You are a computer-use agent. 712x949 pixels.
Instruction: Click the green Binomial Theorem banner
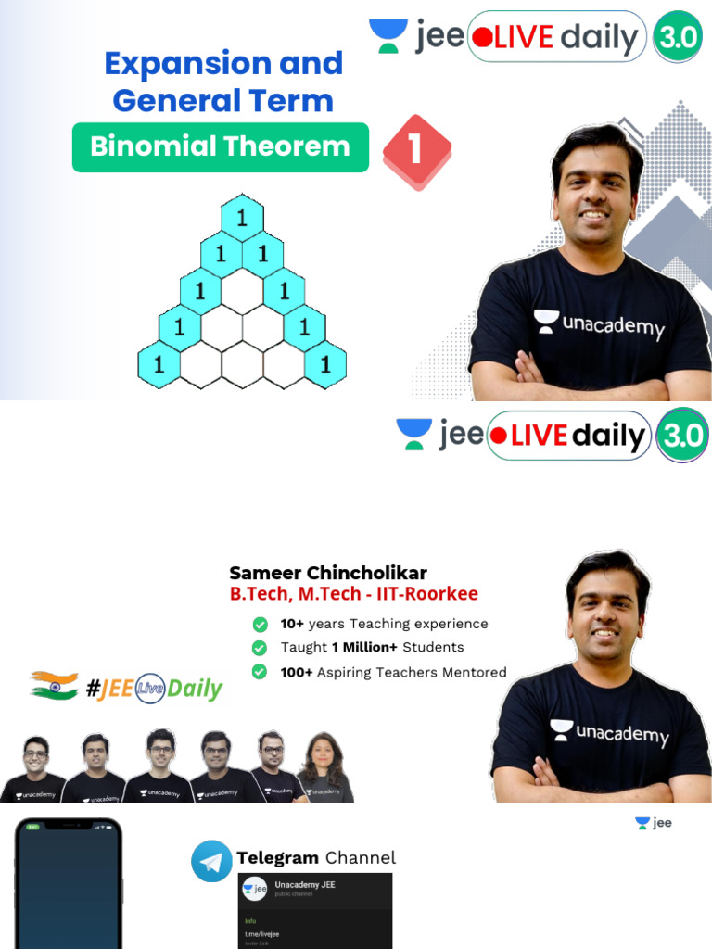click(x=220, y=147)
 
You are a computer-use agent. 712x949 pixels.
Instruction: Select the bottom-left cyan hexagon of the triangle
click(x=159, y=364)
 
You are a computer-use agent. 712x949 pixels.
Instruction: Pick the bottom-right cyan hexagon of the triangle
click(x=325, y=364)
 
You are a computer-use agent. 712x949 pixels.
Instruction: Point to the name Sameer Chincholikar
click(x=328, y=573)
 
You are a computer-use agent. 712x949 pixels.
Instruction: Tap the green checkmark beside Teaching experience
click(x=261, y=624)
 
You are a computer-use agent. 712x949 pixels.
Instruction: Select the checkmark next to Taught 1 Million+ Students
click(x=261, y=647)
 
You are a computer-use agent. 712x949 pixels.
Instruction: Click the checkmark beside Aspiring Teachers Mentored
click(x=261, y=672)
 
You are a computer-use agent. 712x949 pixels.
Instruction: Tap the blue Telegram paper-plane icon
click(x=211, y=861)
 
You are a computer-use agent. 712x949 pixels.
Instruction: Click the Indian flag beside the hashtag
click(x=54, y=686)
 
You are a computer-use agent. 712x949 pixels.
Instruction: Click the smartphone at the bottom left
click(x=69, y=885)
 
